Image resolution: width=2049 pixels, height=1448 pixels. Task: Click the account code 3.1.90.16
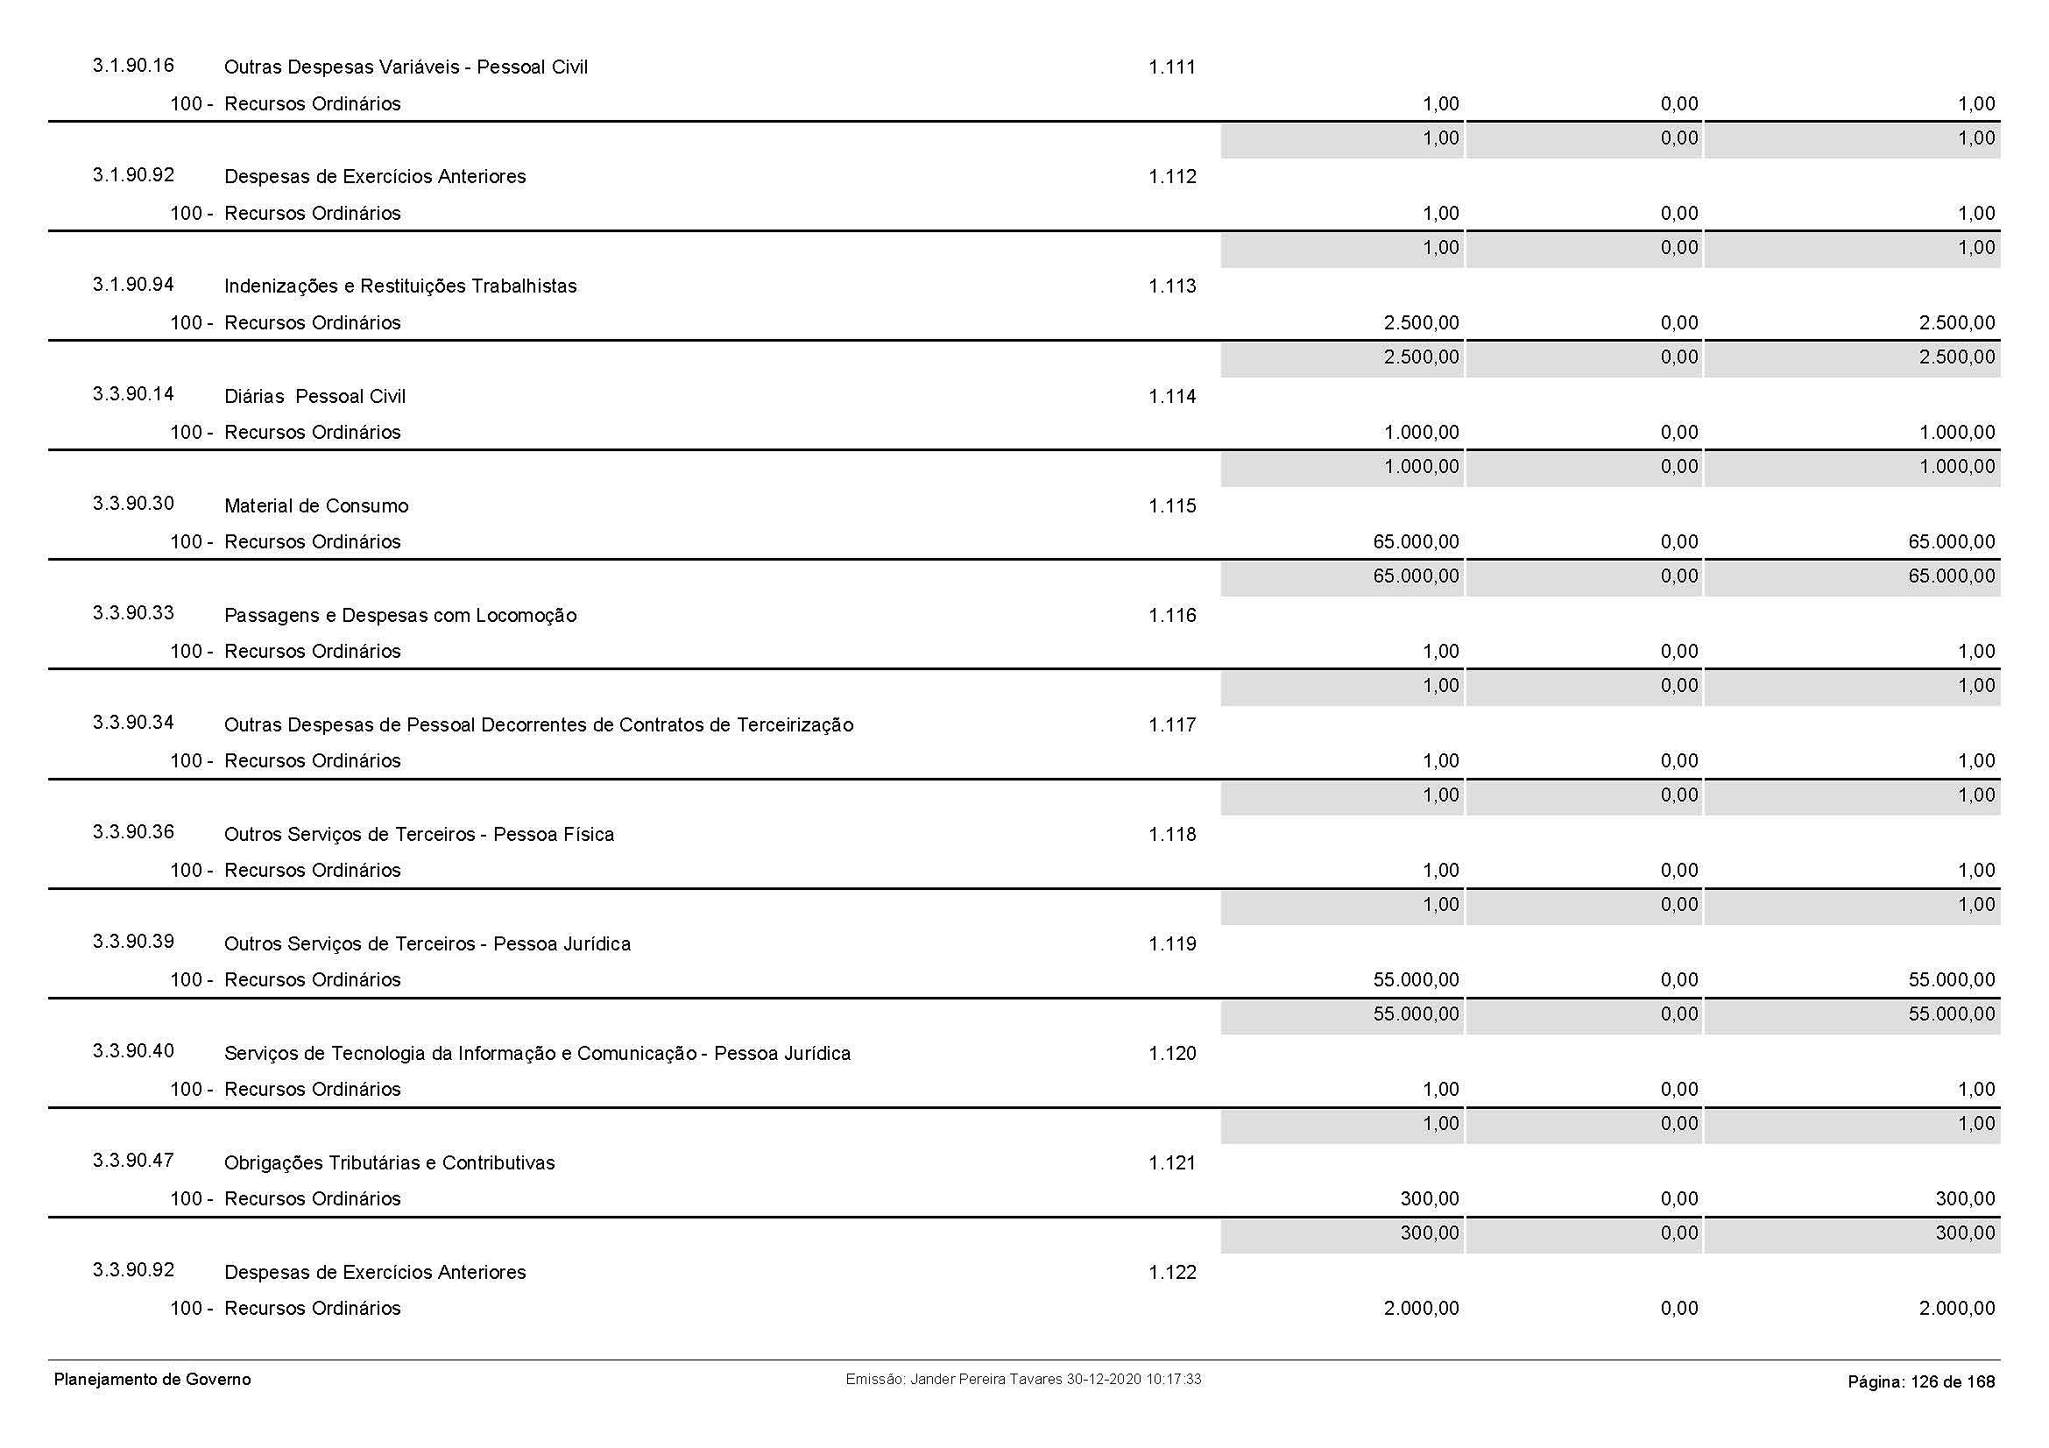pyautogui.click(x=133, y=66)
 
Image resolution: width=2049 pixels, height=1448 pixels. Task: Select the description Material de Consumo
pyautogui.click(x=316, y=505)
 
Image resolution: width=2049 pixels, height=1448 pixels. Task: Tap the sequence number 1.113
pyautogui.click(x=1172, y=286)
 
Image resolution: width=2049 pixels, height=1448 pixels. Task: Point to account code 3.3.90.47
pyautogui.click(x=133, y=1161)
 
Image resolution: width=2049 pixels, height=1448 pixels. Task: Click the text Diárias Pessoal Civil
pyautogui.click(x=315, y=396)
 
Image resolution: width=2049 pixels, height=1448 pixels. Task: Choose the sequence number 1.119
pyautogui.click(x=1172, y=944)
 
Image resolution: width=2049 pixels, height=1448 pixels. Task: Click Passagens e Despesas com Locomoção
pyautogui.click(x=399, y=616)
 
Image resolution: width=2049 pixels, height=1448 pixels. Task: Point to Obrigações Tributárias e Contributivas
pyautogui.click(x=389, y=1162)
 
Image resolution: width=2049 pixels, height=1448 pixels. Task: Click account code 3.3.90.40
pyautogui.click(x=133, y=1051)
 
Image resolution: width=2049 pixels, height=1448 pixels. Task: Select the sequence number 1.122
pyautogui.click(x=1172, y=1272)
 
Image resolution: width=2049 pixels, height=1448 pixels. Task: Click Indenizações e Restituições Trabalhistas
pyautogui.click(x=399, y=286)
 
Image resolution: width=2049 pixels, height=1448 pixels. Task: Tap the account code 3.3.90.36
pyautogui.click(x=133, y=832)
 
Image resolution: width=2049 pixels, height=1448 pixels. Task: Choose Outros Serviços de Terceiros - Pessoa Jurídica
pyautogui.click(x=427, y=944)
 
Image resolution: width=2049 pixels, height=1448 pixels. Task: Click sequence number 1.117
pyautogui.click(x=1172, y=724)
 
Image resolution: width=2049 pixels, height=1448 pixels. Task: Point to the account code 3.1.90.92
pyautogui.click(x=133, y=175)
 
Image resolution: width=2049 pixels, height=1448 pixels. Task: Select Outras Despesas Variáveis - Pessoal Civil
pyautogui.click(x=406, y=67)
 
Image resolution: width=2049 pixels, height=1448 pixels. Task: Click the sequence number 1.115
pyautogui.click(x=1172, y=505)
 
